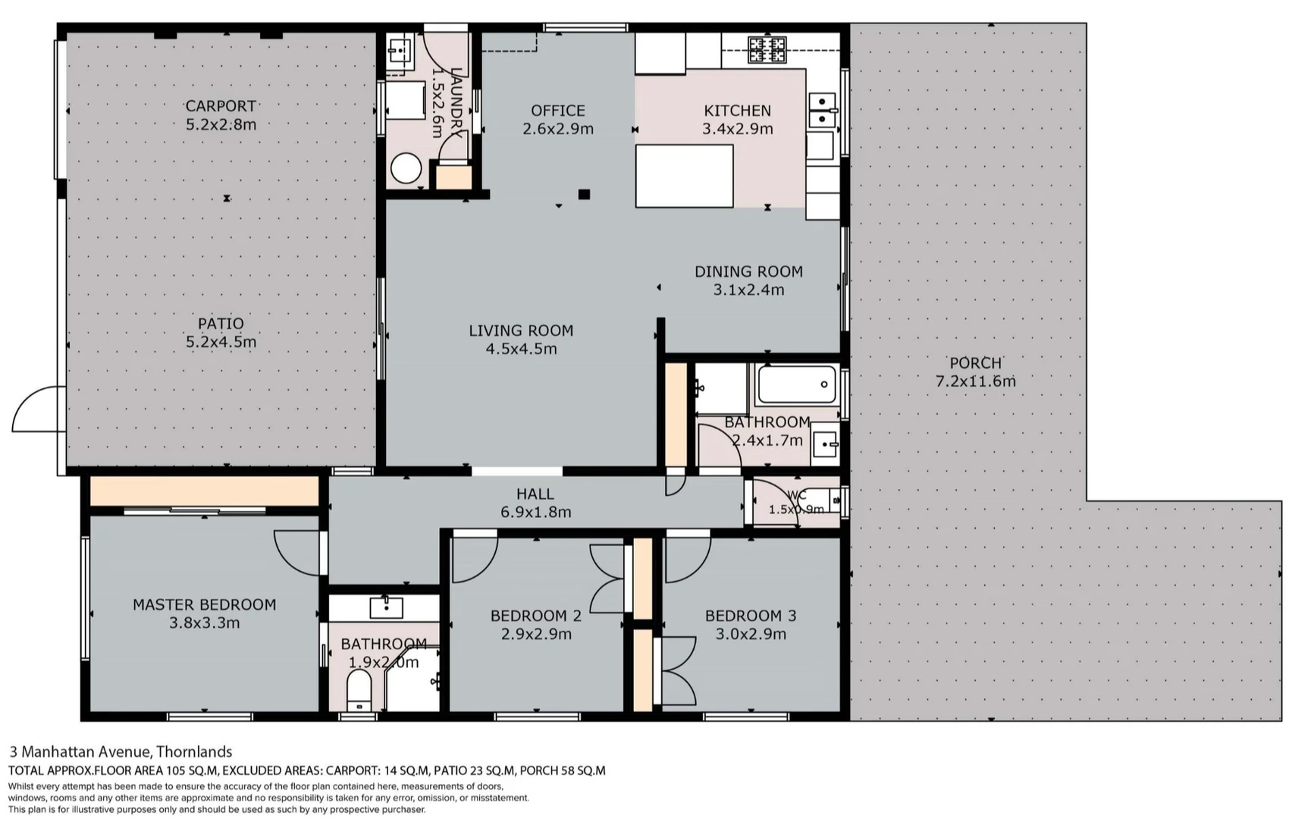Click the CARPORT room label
pos(221,106)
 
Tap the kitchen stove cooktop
pos(767,49)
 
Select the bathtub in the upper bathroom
pos(797,384)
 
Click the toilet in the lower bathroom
pos(358,692)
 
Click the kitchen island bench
pos(684,176)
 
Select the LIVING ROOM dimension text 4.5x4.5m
pos(521,350)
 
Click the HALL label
pos(535,494)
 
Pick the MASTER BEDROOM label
pos(204,604)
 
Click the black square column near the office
pos(584,195)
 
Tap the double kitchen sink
pos(822,111)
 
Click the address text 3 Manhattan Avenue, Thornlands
pos(121,752)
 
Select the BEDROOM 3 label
pos(750,616)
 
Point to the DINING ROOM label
pos(748,271)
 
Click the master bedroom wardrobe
pos(203,491)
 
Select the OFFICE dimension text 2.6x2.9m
pos(558,130)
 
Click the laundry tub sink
pos(399,52)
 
